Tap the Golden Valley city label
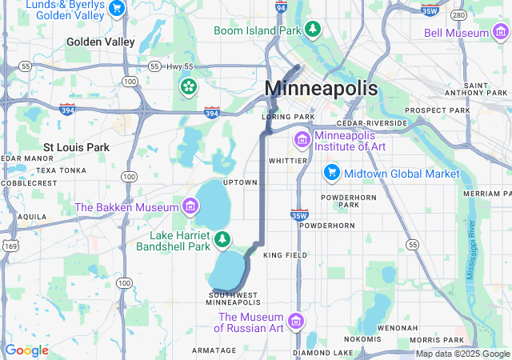pos(101,42)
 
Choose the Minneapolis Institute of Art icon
pos(302,140)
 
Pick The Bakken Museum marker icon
pos(190,207)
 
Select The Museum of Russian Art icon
pos(296,321)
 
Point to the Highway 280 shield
pos(458,14)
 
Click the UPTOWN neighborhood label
pos(240,182)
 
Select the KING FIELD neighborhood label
pos(285,255)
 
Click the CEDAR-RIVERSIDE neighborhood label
pos(372,123)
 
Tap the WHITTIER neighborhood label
pos(288,160)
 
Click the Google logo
pos(26,350)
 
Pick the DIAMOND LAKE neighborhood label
pos(322,352)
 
